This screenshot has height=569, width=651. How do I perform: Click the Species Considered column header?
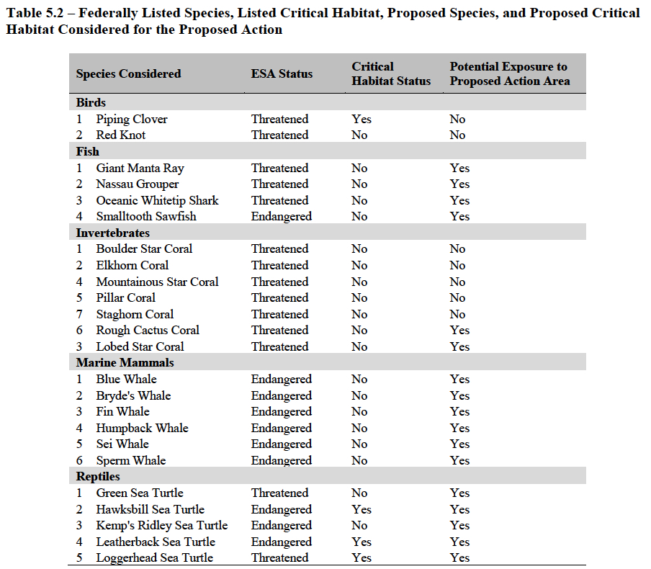click(128, 73)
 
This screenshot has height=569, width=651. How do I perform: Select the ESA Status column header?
click(282, 73)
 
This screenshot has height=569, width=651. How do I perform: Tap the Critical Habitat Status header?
click(390, 73)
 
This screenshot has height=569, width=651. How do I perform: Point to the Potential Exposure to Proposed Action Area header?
click(509, 73)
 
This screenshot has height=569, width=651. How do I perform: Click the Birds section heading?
click(91, 102)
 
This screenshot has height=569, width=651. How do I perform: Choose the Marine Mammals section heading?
click(125, 362)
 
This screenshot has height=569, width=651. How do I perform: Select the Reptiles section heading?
click(98, 476)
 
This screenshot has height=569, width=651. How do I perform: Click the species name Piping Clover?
click(132, 119)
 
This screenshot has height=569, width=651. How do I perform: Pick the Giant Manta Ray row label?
click(140, 168)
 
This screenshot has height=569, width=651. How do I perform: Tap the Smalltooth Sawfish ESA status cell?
click(281, 216)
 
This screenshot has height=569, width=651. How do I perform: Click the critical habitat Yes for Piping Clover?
click(362, 119)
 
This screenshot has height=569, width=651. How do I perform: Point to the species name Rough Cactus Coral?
click(148, 330)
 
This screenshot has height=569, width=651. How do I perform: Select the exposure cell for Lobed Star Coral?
click(459, 346)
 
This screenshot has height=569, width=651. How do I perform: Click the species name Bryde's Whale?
click(133, 395)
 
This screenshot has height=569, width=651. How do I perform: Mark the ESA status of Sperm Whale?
click(281, 460)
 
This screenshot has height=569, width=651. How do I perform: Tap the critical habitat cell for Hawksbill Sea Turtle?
click(362, 509)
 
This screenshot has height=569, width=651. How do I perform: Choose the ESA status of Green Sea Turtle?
click(279, 493)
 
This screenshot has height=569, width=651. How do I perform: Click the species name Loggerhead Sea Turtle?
click(154, 557)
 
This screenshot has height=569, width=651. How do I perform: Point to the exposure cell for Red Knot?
click(457, 135)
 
